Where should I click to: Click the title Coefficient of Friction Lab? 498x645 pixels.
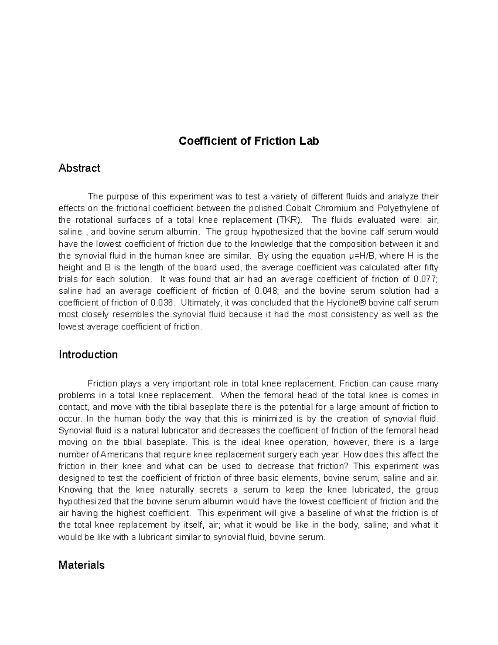[249, 141]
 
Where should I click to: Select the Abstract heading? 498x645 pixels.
[79, 168]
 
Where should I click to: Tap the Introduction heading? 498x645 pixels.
[88, 355]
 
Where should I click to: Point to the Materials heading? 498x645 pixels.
[81, 565]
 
